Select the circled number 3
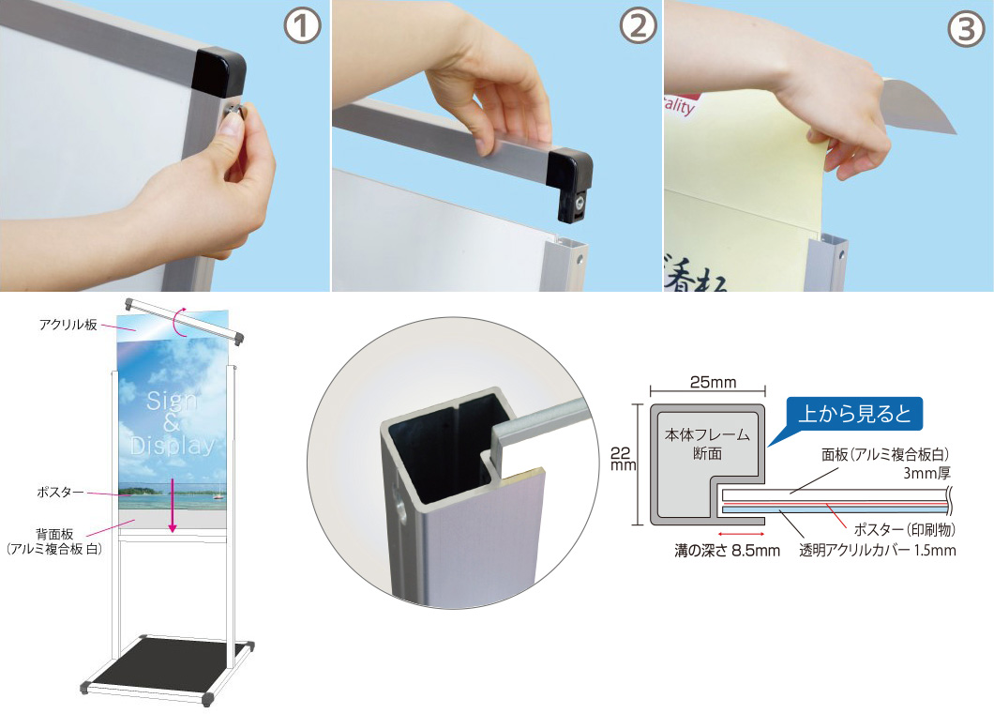(967, 29)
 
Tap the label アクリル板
(68, 325)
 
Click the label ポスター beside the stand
(60, 492)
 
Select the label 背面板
(54, 535)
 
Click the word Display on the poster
(173, 445)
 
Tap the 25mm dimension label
(714, 382)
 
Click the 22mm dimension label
(622, 459)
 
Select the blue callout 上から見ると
(854, 414)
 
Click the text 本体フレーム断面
(707, 444)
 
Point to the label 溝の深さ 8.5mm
(727, 551)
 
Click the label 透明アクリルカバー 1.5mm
(878, 551)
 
